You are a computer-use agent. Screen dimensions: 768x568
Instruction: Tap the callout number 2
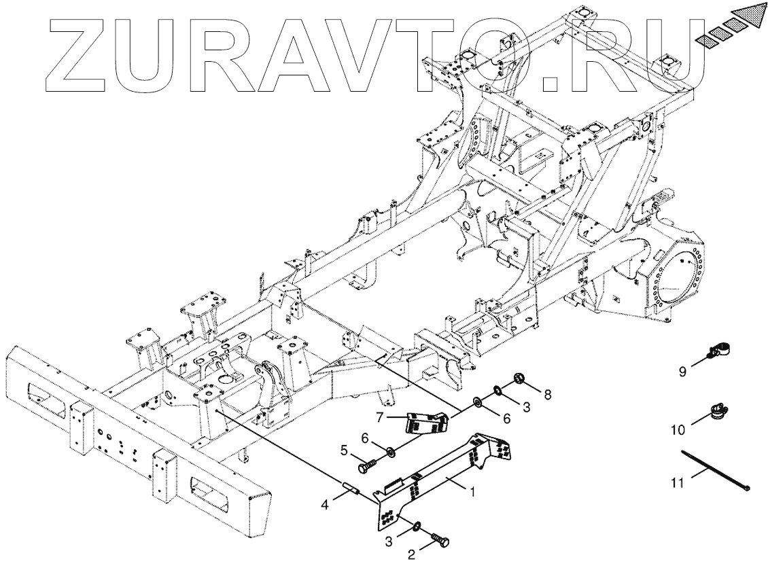coord(411,554)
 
